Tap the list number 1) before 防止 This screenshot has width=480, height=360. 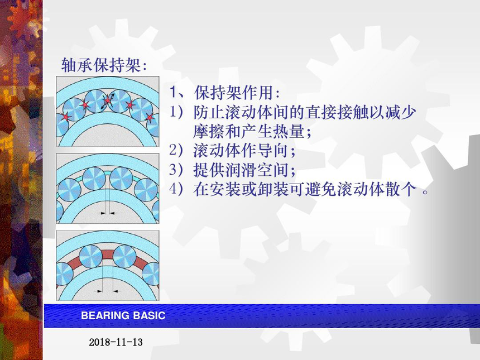176,112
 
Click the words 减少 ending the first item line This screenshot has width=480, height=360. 400,112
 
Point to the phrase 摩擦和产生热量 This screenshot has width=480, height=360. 248,131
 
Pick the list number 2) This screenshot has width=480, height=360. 176,150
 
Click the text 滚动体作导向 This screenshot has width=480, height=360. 241,150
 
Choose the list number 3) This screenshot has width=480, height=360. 176,170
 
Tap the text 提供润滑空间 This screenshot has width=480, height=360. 241,170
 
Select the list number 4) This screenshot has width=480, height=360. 176,189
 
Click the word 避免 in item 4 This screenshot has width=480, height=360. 320,189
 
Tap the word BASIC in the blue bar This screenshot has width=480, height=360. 149,315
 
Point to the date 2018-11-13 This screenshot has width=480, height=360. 116,342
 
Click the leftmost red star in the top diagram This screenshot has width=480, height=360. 65,116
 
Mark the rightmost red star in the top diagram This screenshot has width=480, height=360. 150,117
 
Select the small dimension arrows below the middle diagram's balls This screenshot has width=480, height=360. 108,213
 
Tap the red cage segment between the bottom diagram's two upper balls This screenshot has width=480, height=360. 108,255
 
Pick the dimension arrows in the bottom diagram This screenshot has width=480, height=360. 108,291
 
